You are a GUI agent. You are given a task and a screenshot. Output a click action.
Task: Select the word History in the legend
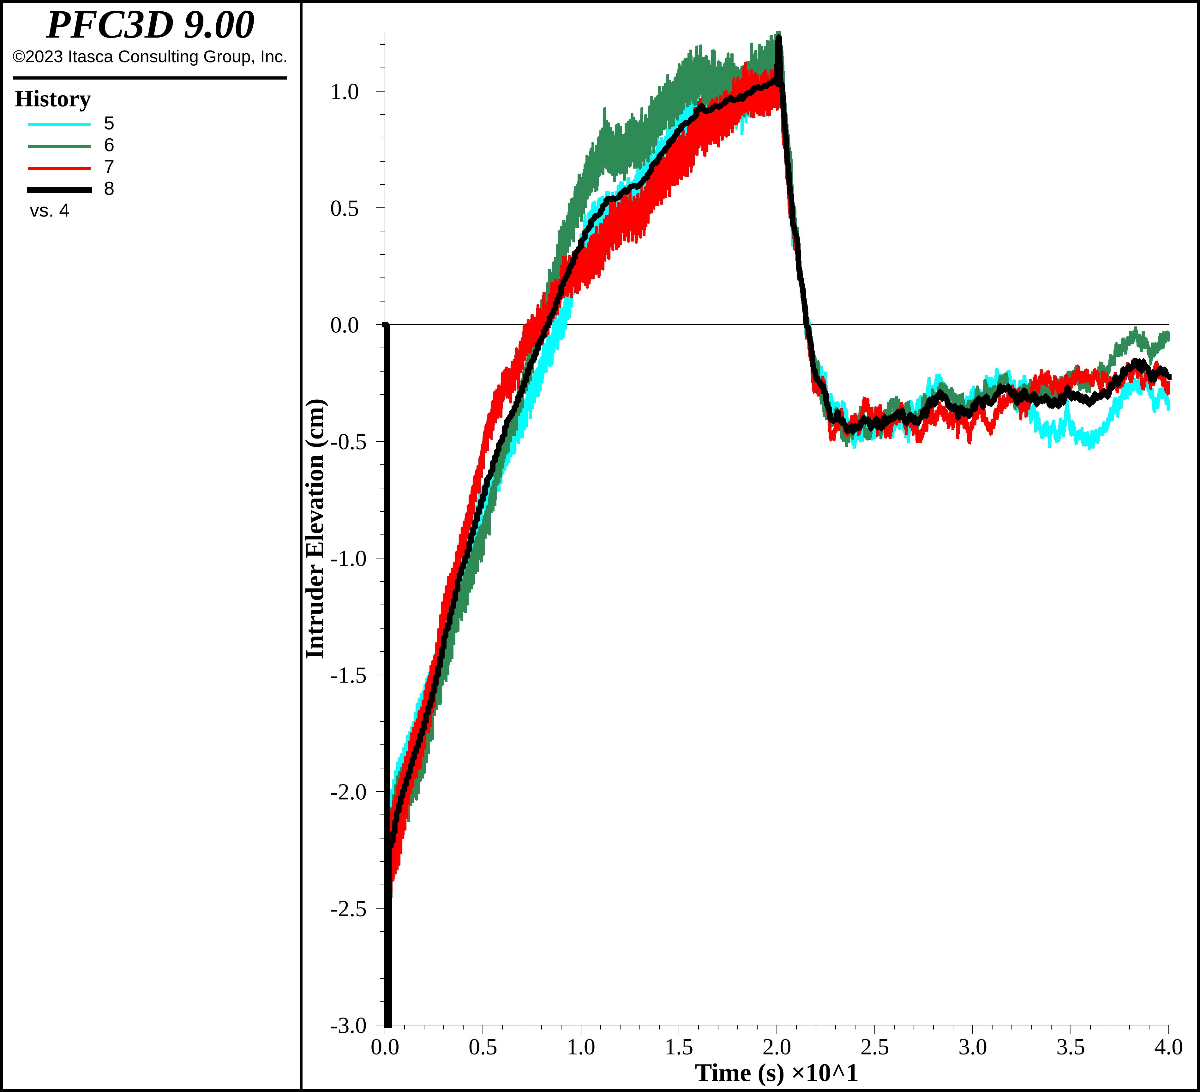[x=52, y=99]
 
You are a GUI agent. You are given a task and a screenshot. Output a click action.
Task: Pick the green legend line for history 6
[x=59, y=146]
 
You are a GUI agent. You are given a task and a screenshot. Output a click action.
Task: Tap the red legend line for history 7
[x=59, y=168]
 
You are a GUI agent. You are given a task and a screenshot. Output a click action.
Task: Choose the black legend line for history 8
[x=59, y=190]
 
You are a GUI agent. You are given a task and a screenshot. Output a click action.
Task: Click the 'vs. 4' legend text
[x=49, y=211]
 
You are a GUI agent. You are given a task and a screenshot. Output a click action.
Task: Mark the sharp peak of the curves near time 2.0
[x=778, y=37]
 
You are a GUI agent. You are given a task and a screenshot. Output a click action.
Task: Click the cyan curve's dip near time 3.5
[x=1089, y=445]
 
